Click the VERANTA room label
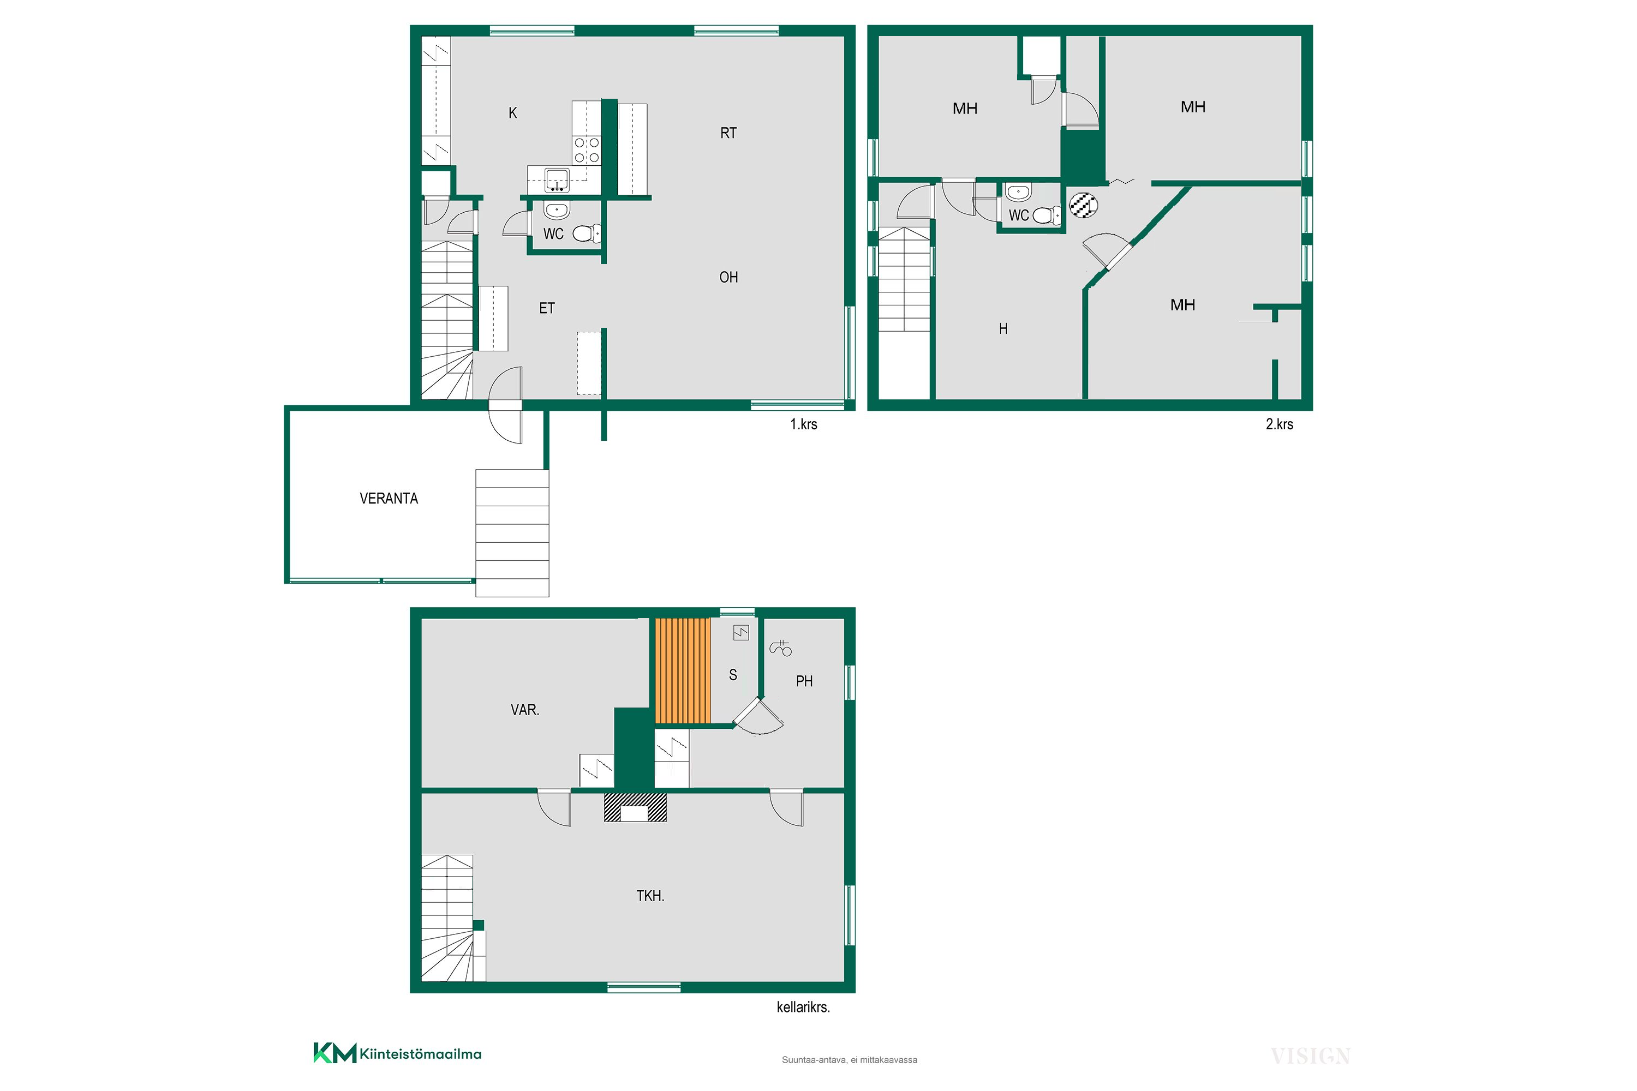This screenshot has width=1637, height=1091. (x=389, y=498)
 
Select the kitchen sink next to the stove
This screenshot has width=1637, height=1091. (x=556, y=179)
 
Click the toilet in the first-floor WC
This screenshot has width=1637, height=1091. (x=587, y=233)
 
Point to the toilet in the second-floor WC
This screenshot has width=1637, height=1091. (x=1047, y=215)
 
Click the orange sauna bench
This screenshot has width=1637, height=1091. (x=683, y=671)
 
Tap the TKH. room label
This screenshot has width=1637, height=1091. (x=650, y=896)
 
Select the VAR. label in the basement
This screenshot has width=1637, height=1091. (x=525, y=710)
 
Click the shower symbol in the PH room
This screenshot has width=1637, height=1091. (x=780, y=648)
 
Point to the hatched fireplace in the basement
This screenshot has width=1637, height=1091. (x=635, y=807)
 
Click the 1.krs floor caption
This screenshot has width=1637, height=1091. (x=803, y=424)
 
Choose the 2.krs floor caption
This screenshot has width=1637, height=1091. (x=1279, y=424)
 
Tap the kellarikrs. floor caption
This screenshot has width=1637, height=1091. (x=803, y=1007)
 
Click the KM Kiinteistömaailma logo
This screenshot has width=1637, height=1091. (x=397, y=1053)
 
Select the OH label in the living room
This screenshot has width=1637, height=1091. (x=728, y=277)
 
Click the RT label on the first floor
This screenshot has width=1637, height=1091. (x=728, y=133)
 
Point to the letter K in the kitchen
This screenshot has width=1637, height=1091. (x=513, y=113)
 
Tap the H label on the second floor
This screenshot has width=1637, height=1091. (x=1003, y=328)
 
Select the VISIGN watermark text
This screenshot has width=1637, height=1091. (x=1311, y=1056)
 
